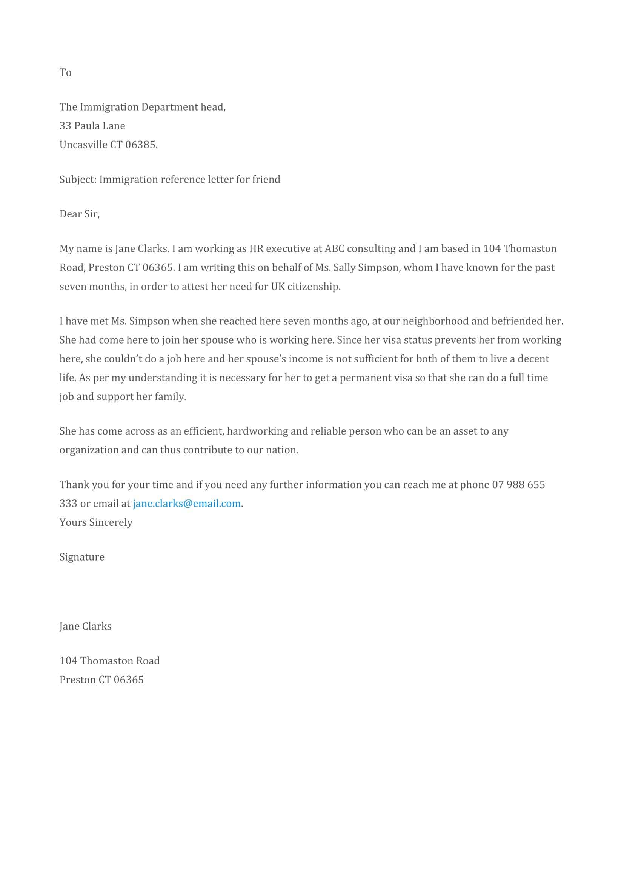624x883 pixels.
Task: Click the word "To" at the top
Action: tap(65, 72)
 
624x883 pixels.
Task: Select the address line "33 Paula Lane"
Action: tap(92, 126)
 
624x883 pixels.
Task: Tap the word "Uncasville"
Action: tap(83, 145)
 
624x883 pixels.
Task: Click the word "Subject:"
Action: tap(78, 180)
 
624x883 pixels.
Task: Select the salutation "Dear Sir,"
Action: tap(80, 214)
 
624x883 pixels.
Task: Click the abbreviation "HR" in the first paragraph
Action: tap(256, 248)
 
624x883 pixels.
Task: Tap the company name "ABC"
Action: tap(334, 248)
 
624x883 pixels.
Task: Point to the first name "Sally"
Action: tap(344, 267)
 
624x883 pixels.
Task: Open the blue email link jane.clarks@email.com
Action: tap(187, 504)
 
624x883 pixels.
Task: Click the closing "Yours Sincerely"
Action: tap(96, 522)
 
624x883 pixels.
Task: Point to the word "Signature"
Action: tap(82, 557)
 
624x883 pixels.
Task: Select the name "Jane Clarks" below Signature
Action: tap(85, 626)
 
